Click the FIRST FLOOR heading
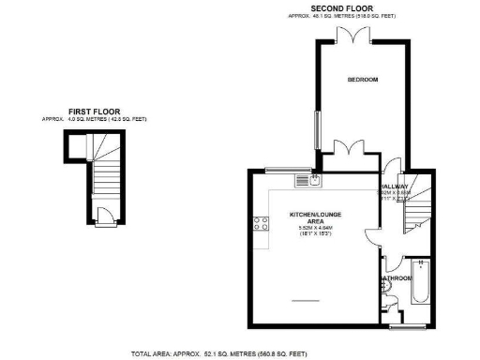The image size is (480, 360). coord(94,111)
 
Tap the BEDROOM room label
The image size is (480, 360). coord(362,80)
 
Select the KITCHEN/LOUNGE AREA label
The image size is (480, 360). coord(309,217)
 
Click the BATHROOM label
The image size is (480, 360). coord(396,277)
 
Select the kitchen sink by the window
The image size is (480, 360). coord(316,177)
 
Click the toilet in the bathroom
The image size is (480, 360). coord(392,301)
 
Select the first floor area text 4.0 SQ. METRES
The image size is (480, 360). coord(94,120)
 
